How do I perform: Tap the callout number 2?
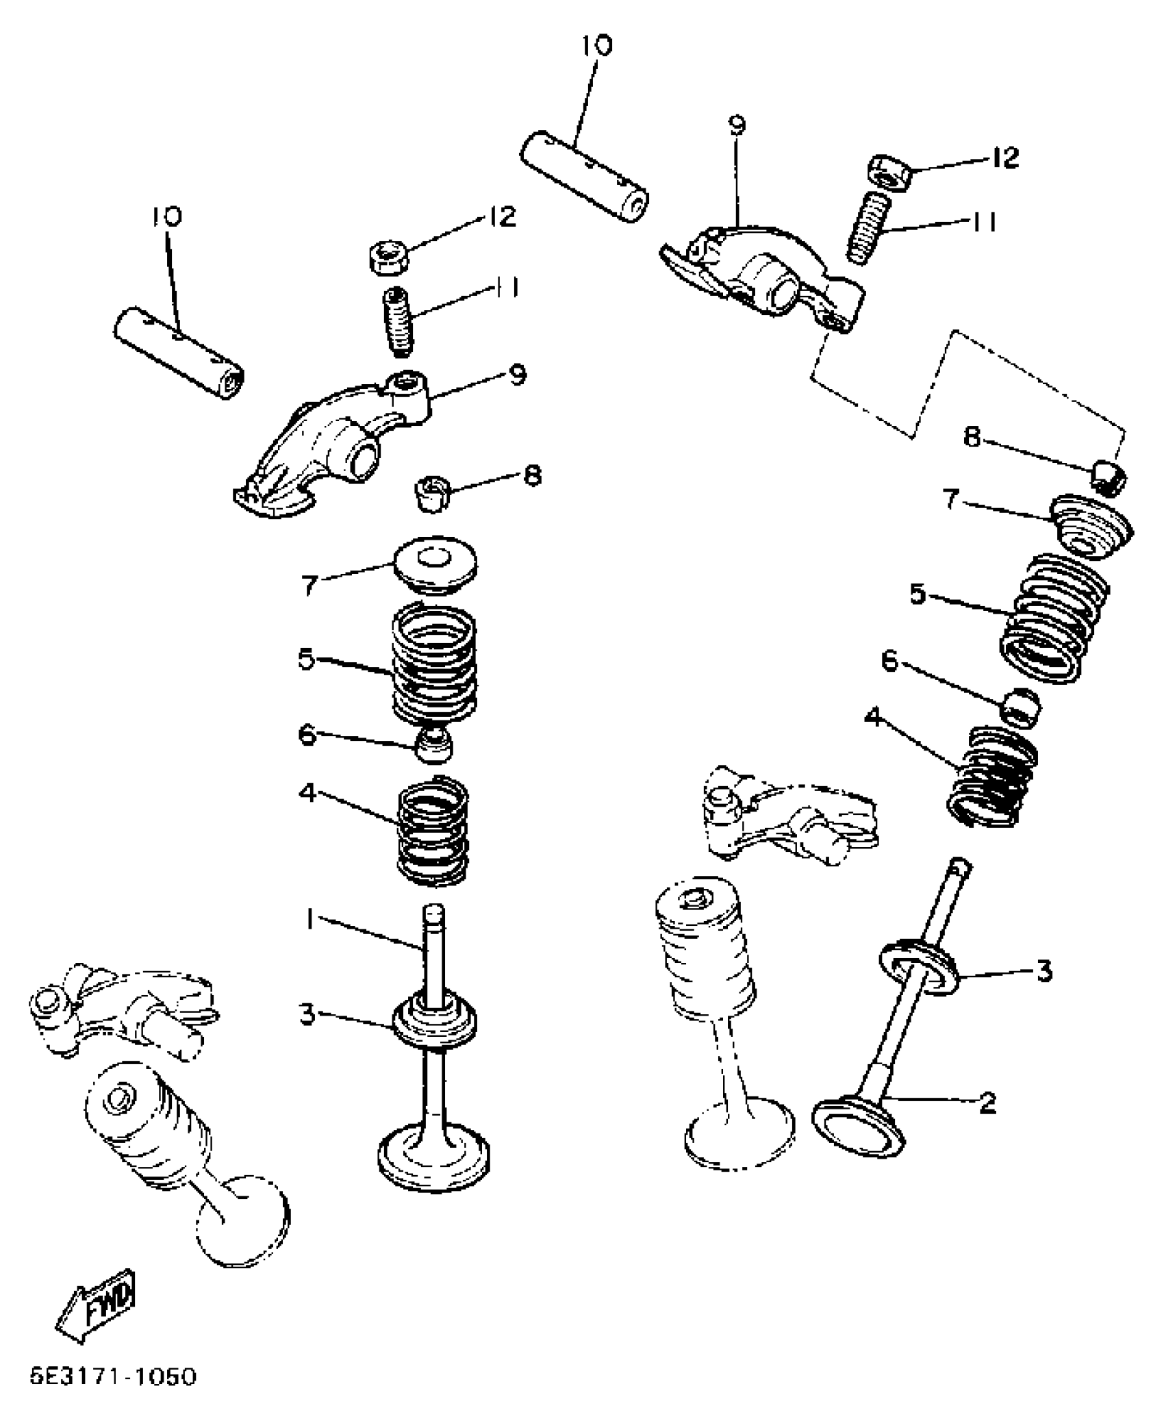coord(987,1102)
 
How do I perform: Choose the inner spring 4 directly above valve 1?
coord(433,830)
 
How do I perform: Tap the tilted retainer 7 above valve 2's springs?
coord(1089,529)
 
